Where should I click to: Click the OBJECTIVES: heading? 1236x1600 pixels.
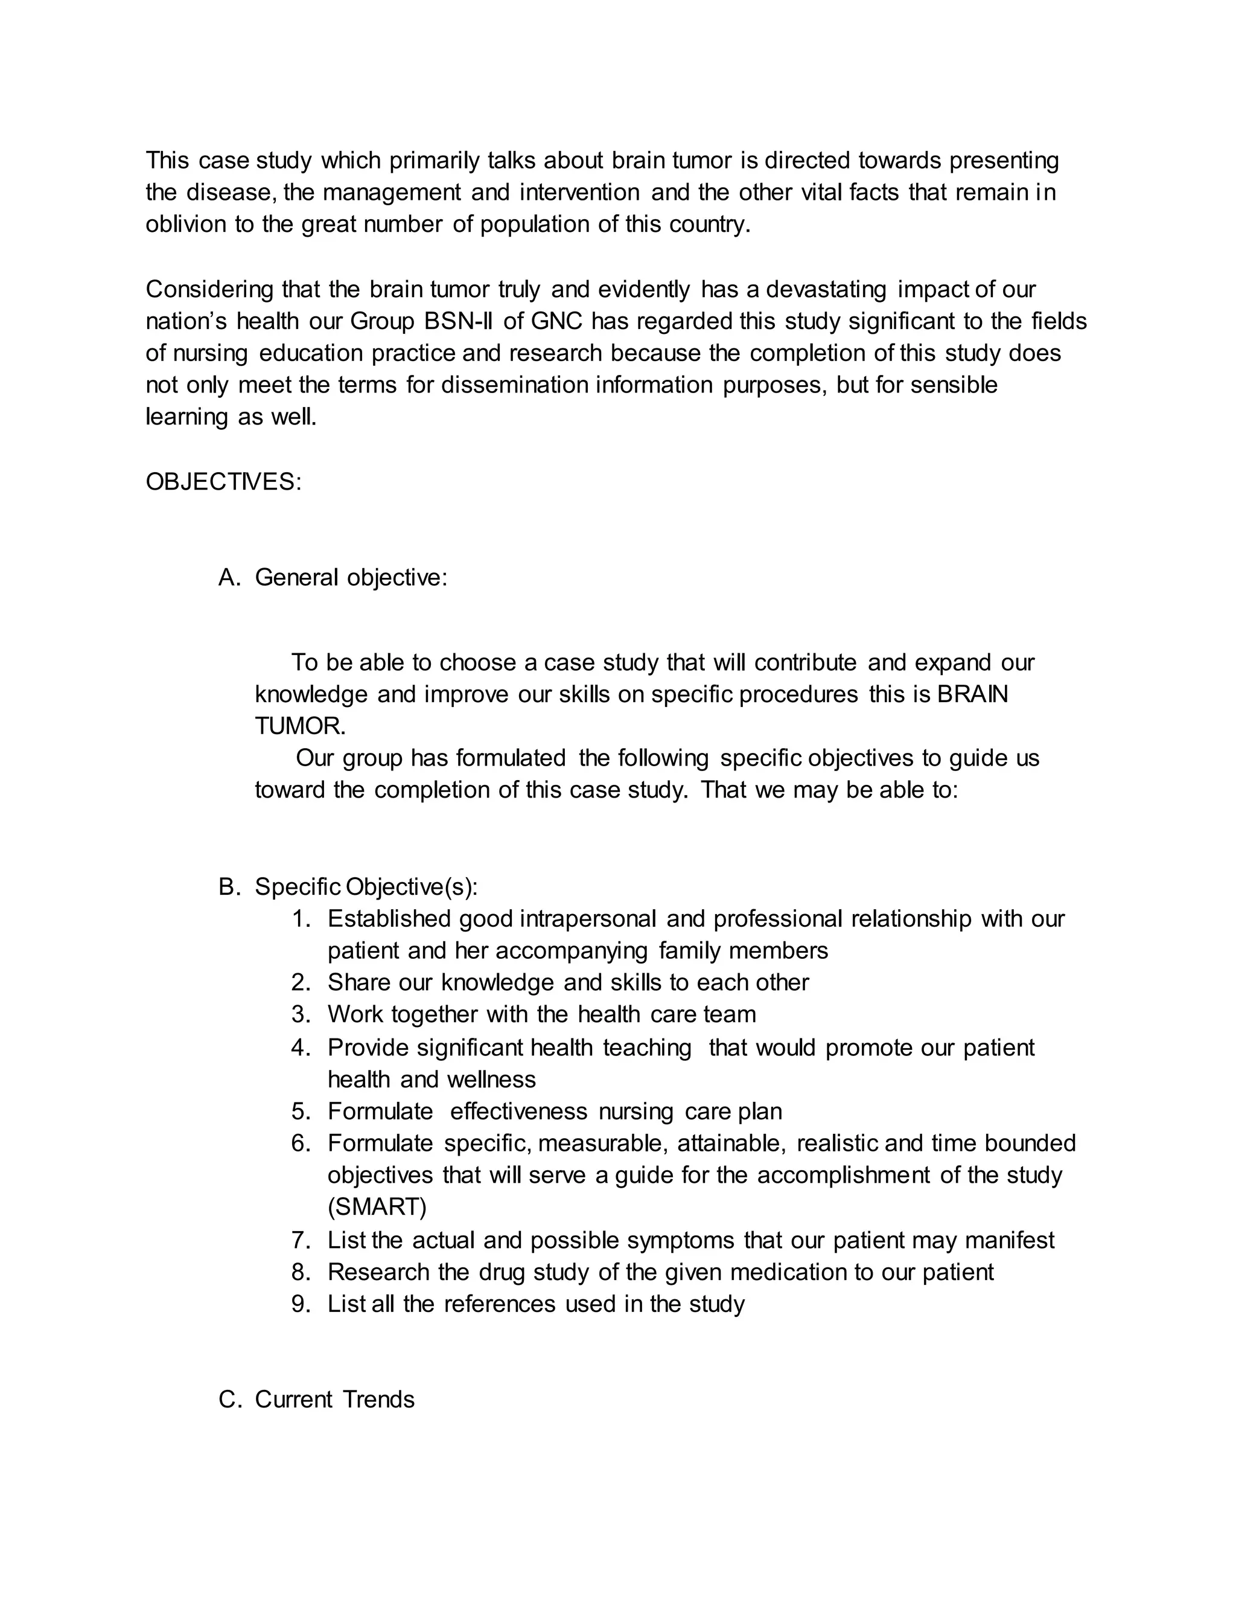pos(223,482)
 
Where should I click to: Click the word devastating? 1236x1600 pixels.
pos(827,289)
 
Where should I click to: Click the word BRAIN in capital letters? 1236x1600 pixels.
pos(972,694)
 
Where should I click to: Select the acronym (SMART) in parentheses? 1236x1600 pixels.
pos(377,1206)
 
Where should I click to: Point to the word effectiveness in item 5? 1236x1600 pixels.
pos(518,1112)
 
